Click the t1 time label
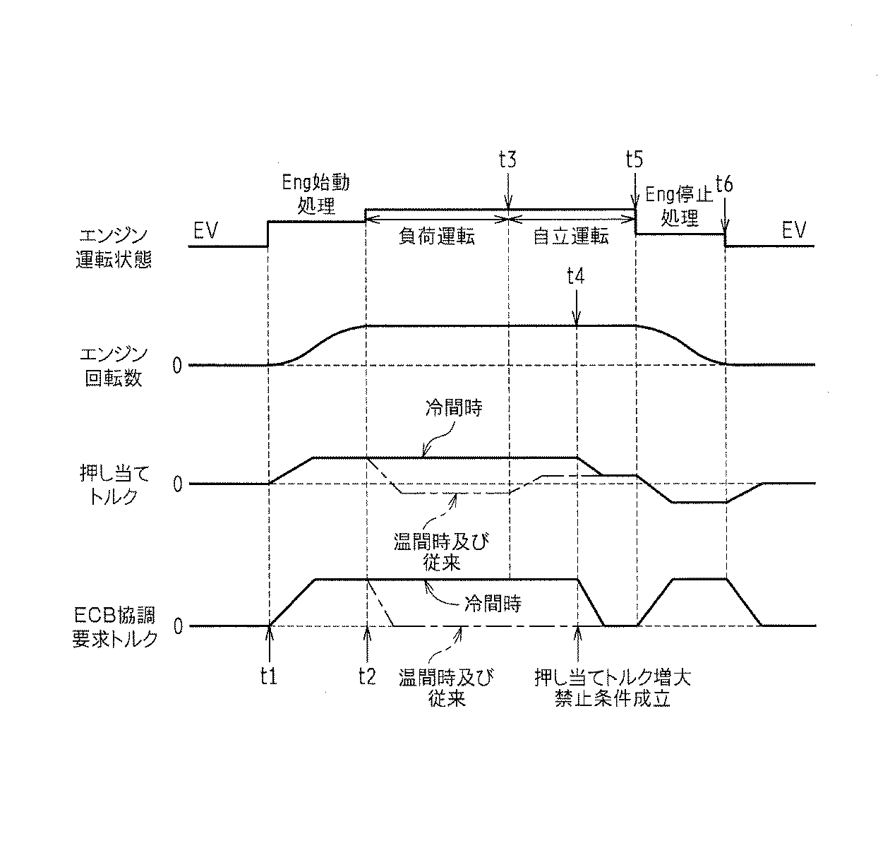click(267, 676)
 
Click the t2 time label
click(366, 676)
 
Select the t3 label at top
click(507, 159)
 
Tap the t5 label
click(635, 159)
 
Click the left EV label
click(205, 230)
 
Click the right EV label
click(793, 230)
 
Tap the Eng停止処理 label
click(679, 205)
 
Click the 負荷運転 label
click(437, 237)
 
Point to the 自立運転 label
click(570, 237)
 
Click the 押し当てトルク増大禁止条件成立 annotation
click(611, 688)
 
